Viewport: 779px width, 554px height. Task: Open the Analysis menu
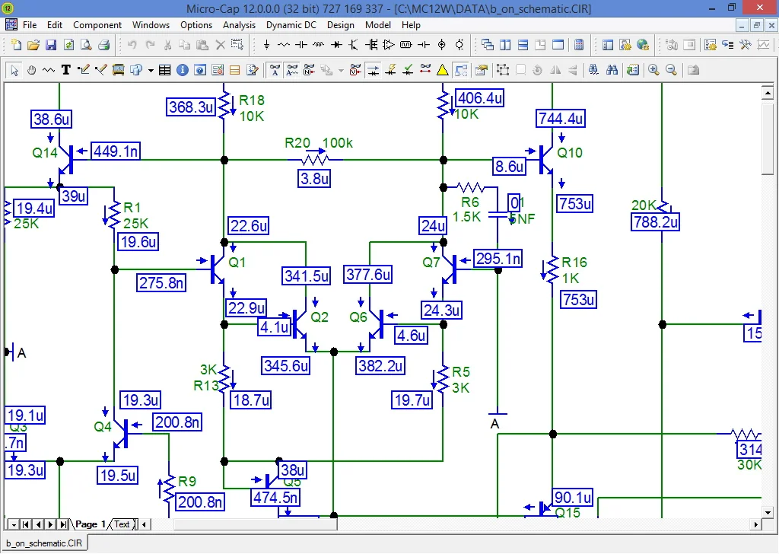[x=239, y=25]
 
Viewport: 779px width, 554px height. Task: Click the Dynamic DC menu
[x=291, y=25]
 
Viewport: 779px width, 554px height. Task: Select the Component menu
[x=97, y=25]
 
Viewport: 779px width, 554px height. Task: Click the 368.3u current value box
[x=191, y=107]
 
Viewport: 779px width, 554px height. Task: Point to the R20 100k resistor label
[x=319, y=143]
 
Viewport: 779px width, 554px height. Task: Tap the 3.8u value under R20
[x=314, y=179]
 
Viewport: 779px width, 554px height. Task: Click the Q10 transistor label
[x=570, y=152]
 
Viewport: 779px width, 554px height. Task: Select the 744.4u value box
[x=561, y=119]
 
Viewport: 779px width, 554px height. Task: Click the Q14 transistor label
[x=45, y=152]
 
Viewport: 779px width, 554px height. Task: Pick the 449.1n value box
[x=116, y=151]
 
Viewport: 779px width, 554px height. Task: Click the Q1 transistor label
[x=237, y=262]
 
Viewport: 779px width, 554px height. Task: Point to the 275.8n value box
[x=161, y=283]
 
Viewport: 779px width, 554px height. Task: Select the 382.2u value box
[x=380, y=365]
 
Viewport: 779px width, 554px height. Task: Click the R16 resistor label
[x=574, y=263]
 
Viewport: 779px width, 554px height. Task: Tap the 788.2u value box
[x=655, y=221]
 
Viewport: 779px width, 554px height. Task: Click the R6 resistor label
[x=470, y=202]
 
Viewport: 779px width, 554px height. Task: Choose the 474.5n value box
[x=275, y=498]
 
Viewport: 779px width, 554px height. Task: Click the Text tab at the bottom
[x=122, y=524]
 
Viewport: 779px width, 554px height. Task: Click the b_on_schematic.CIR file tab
[x=43, y=543]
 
